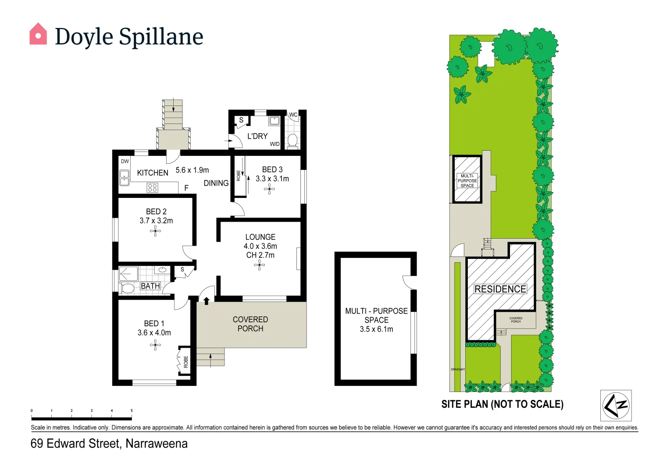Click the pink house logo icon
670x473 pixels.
tap(38, 34)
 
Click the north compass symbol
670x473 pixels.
tap(616, 406)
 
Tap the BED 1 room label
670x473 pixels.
tap(154, 323)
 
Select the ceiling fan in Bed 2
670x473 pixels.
tap(155, 231)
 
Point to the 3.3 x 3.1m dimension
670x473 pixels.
tap(272, 179)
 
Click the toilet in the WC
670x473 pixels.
tap(292, 141)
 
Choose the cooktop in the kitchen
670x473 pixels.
tap(152, 188)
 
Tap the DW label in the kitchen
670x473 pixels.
tap(125, 161)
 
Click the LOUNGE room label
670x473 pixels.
tap(260, 237)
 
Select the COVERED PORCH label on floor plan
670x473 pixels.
tap(250, 324)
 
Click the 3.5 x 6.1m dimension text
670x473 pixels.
tap(376, 329)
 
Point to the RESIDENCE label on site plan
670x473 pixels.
tap(500, 289)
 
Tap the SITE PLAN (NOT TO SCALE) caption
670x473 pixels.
tap(502, 404)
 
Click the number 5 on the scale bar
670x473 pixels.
tap(132, 411)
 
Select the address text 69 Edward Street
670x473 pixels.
tap(75, 444)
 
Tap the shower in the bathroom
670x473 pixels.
tap(128, 274)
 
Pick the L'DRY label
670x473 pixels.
tap(257, 136)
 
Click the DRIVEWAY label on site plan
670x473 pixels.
tap(458, 369)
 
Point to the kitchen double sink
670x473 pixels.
tap(125, 178)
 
